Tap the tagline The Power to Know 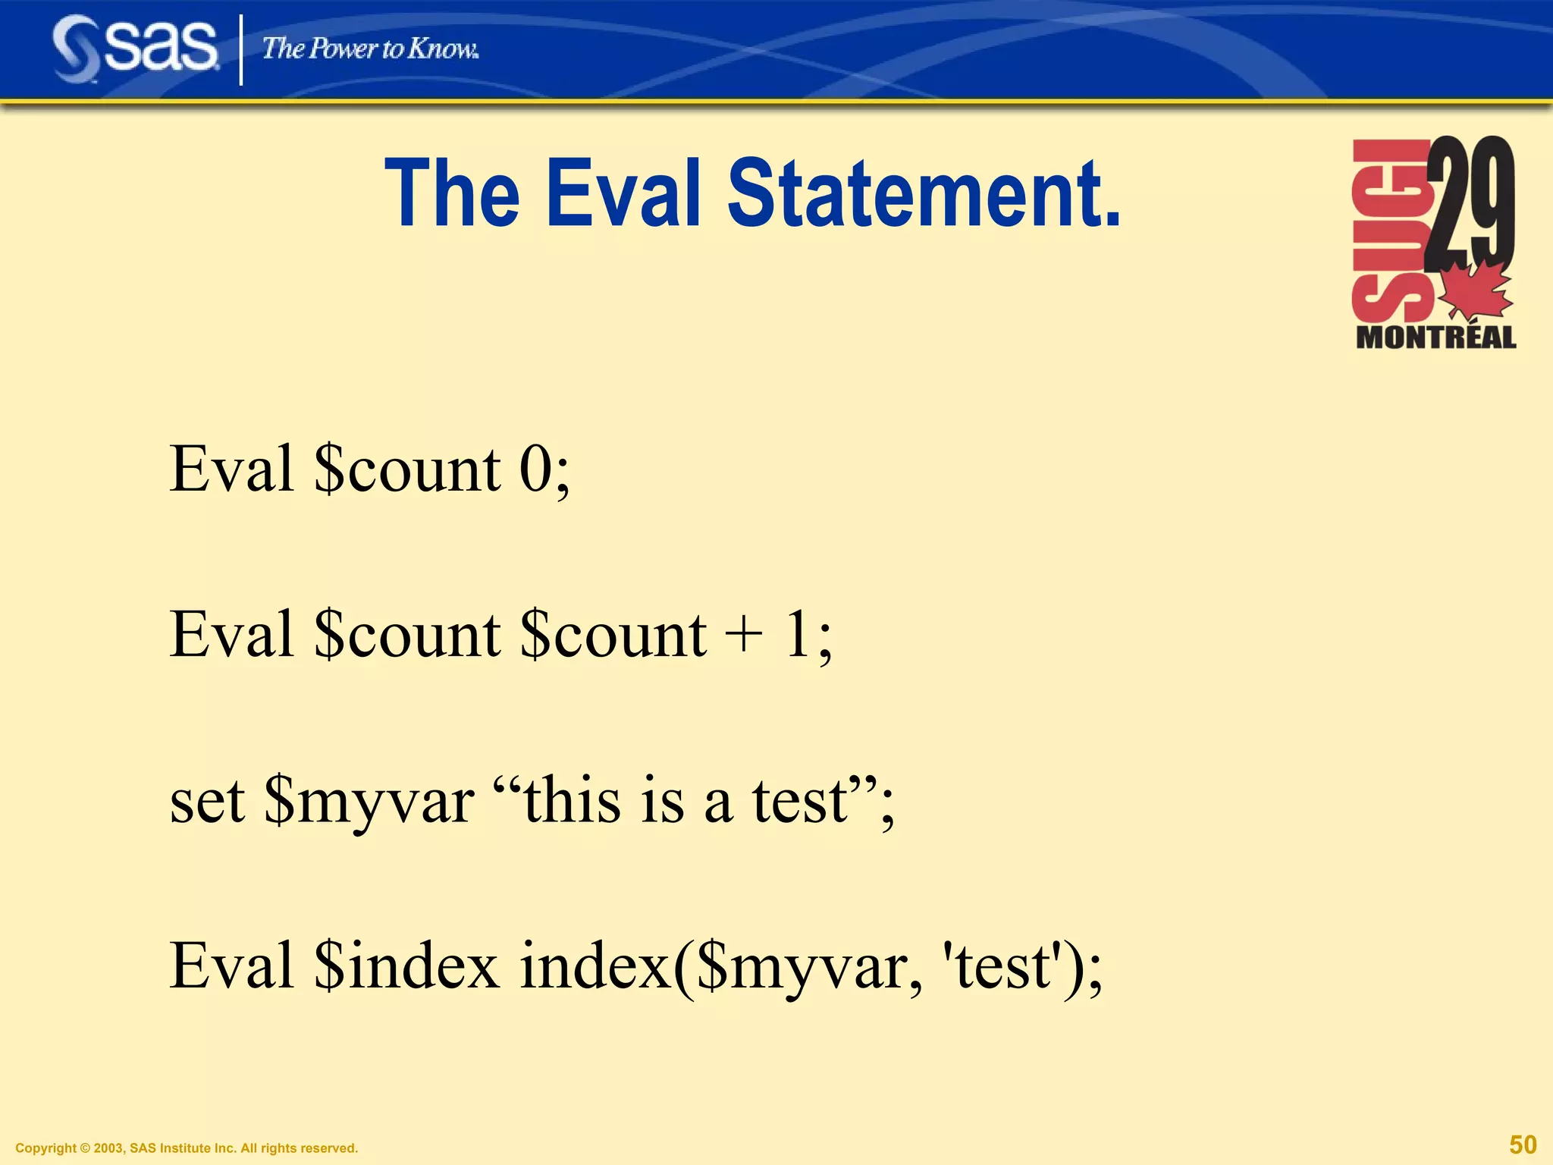pyautogui.click(x=370, y=49)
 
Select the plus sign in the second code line pyautogui.click(x=743, y=635)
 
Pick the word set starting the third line pyautogui.click(x=207, y=802)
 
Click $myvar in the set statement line pyautogui.click(x=369, y=802)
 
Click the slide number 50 pyautogui.click(x=1523, y=1145)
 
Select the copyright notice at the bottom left pyautogui.click(x=187, y=1148)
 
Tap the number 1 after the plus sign pyautogui.click(x=798, y=635)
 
